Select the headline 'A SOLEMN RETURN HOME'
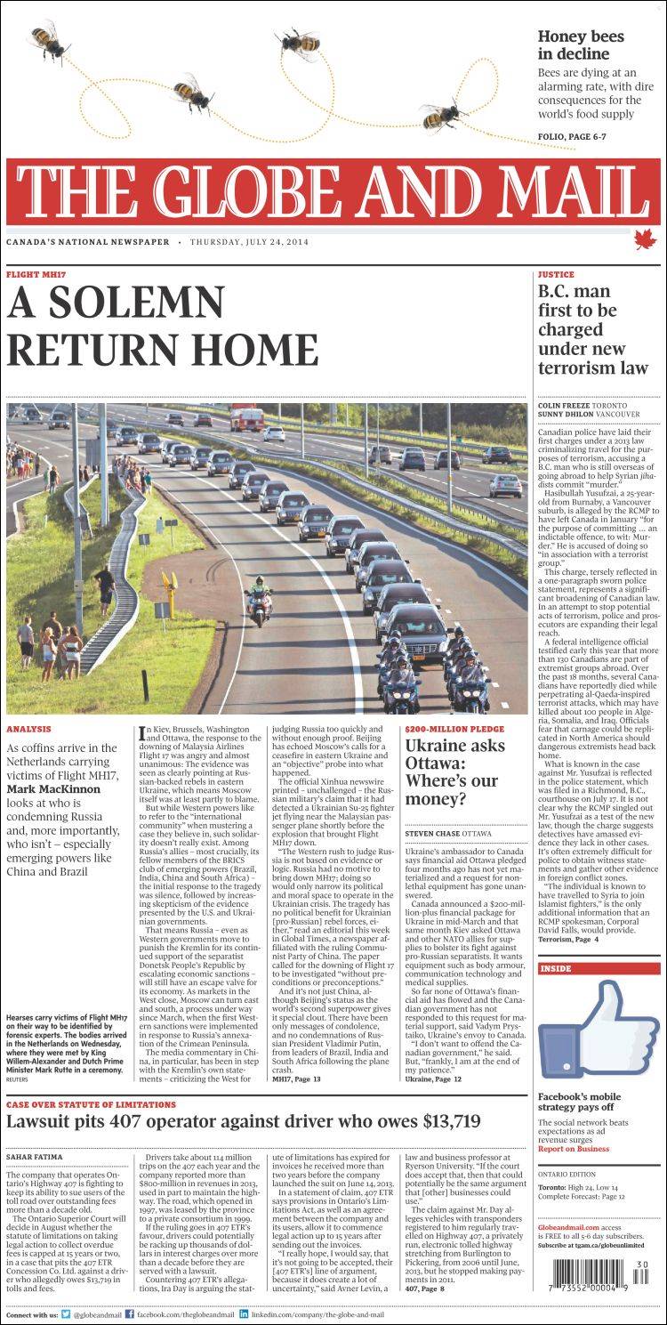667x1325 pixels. click(162, 327)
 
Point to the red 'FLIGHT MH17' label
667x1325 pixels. click(36, 274)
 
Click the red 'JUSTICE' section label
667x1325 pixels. click(556, 274)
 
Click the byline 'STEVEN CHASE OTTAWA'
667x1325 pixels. click(448, 833)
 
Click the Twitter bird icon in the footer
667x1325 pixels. click(66, 1313)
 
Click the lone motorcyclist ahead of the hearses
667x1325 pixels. click(256, 598)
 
